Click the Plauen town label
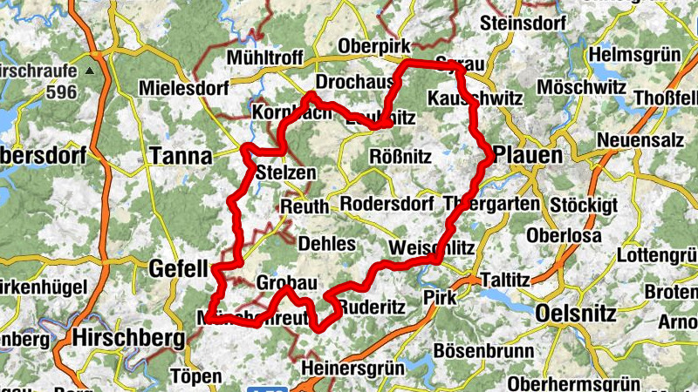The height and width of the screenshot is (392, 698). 528,154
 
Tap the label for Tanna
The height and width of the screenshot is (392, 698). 181,156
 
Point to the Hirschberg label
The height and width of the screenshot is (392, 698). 129,336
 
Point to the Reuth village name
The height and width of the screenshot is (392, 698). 305,206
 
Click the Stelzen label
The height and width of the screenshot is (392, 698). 287,172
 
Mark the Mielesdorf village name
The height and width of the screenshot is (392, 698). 183,88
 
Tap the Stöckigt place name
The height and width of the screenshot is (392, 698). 584,206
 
